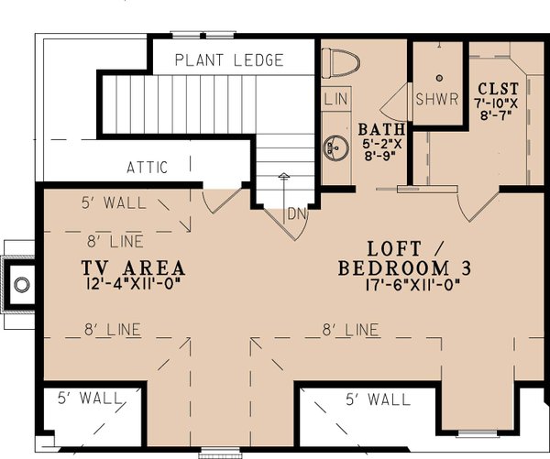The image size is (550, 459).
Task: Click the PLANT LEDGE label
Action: tap(229, 61)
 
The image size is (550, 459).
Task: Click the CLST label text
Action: tap(498, 88)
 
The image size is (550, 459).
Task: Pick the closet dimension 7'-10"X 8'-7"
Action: tap(498, 110)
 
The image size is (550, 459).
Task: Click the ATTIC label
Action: tap(147, 168)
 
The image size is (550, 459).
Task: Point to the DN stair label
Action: tap(295, 213)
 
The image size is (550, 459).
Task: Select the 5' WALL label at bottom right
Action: tap(378, 399)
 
